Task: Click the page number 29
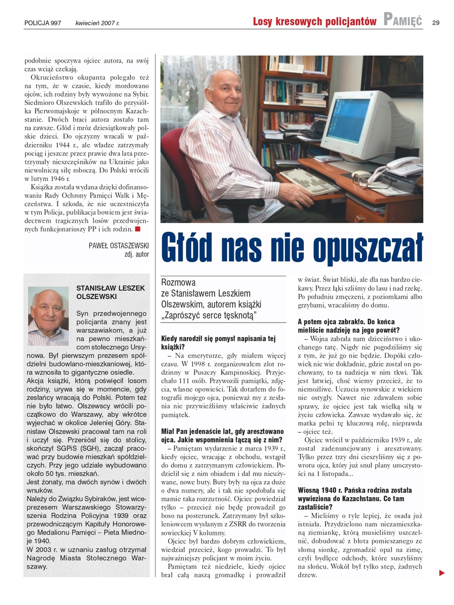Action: point(436,22)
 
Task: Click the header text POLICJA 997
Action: point(46,23)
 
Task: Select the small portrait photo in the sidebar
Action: point(48,316)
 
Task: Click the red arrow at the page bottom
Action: point(442,573)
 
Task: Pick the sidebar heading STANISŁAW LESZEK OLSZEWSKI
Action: point(110,292)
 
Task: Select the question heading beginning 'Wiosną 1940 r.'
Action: point(355,494)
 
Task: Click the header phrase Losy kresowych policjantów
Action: point(314,21)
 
